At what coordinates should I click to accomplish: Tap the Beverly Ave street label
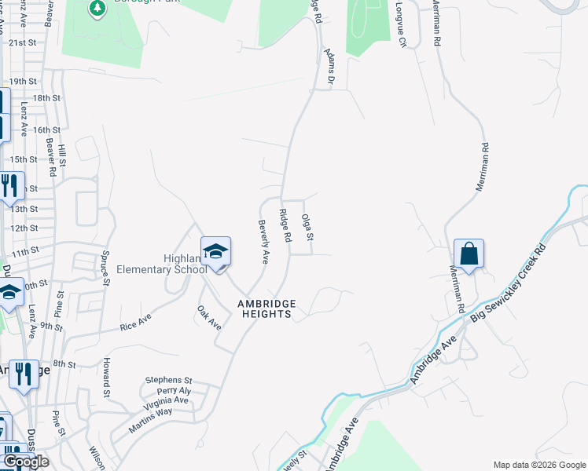point(264,242)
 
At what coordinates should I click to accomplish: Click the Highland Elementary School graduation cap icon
point(216,252)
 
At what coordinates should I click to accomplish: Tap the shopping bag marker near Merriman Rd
point(469,254)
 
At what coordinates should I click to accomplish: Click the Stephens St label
point(168,380)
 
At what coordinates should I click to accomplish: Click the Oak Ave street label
point(209,317)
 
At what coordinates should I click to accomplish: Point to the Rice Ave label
point(135,323)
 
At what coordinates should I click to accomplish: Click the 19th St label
point(23,81)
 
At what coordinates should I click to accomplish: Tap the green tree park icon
point(98,9)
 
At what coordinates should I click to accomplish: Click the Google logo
point(25,462)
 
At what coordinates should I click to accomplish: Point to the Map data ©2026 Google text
point(539,465)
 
